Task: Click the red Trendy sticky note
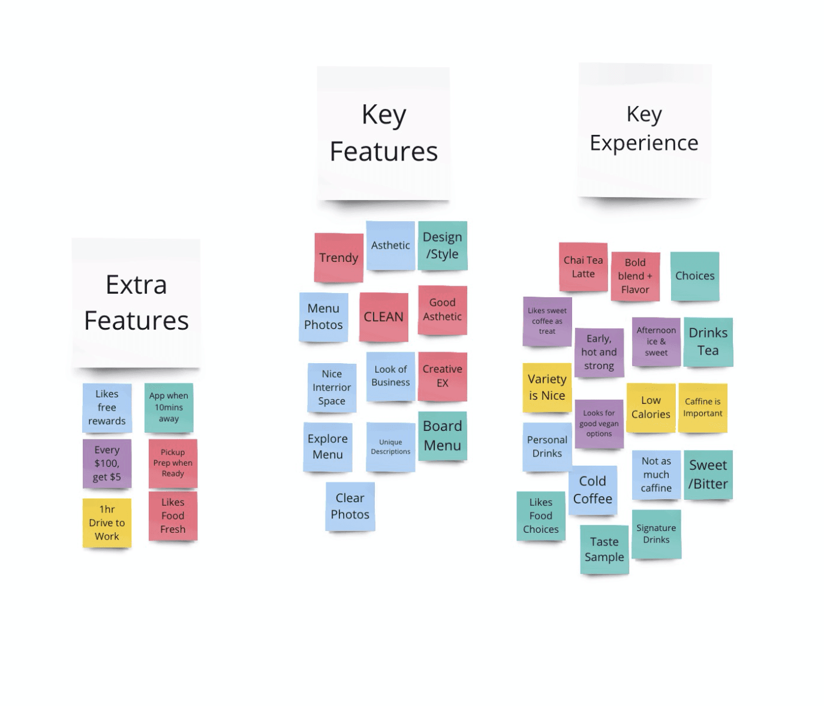coord(338,258)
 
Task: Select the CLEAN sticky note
coord(384,317)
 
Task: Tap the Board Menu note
coord(443,436)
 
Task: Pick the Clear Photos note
coord(350,506)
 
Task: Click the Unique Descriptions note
coord(390,447)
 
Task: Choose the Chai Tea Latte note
coord(583,267)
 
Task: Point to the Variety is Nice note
coord(547,387)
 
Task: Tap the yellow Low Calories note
coord(651,408)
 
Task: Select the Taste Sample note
coord(604,549)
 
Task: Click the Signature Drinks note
coord(656,533)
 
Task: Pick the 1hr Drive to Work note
coord(107,523)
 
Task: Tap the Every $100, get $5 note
coord(107,463)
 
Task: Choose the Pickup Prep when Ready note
coord(173,463)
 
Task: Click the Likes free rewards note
coord(107,408)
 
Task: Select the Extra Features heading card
coord(136,303)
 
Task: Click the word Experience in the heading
coord(644,143)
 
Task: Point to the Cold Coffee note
coord(593,490)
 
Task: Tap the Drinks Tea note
coord(708,342)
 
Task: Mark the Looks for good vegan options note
coord(599,423)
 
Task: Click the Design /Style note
coord(443,246)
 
